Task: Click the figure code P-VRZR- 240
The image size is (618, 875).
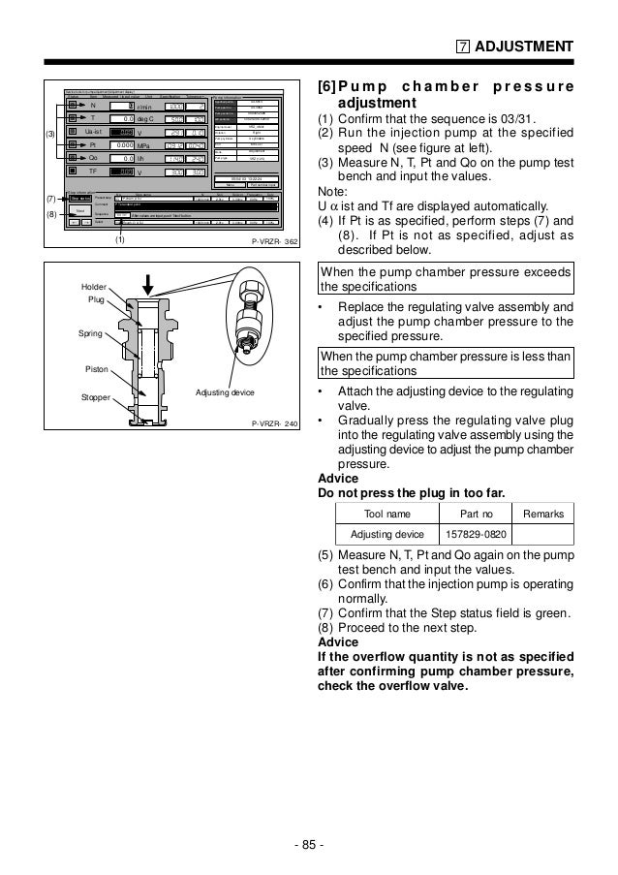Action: [x=273, y=424]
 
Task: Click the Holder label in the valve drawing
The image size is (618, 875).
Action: [x=95, y=287]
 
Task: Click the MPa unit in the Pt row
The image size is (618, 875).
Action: [x=146, y=145]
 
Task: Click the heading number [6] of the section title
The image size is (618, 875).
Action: [x=326, y=86]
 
